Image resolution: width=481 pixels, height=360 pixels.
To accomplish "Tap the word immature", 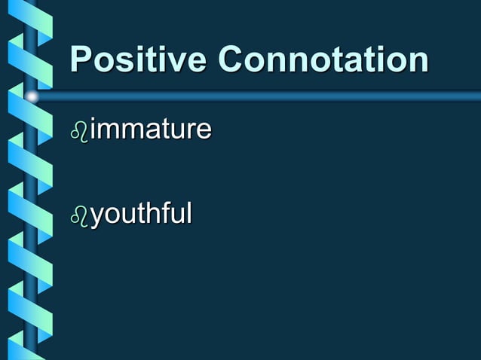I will [x=151, y=130].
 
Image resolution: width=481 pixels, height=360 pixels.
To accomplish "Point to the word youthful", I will [x=141, y=215].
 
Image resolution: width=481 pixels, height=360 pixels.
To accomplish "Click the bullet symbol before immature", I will [x=79, y=132].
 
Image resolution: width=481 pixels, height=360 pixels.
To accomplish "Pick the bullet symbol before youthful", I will [x=79, y=217].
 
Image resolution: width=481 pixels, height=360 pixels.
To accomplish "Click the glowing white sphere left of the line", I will [x=32, y=96].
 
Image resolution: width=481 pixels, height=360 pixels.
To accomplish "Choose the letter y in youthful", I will [x=97, y=218].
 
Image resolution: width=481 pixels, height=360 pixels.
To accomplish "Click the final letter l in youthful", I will [x=188, y=214].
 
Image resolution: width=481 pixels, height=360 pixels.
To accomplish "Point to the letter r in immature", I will [x=191, y=132].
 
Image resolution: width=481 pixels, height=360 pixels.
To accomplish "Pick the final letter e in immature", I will [x=204, y=132].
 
